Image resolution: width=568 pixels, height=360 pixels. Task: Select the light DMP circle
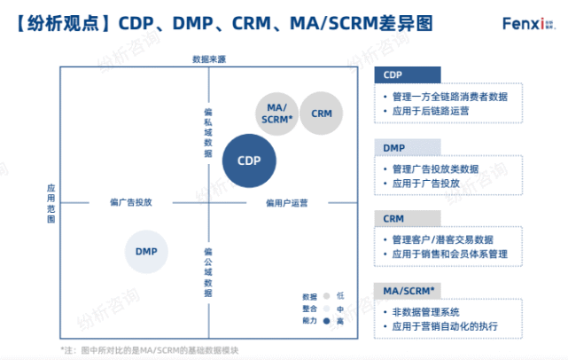146,251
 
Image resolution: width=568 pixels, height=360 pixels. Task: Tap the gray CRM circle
322,113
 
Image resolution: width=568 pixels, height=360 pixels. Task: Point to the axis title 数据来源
209,59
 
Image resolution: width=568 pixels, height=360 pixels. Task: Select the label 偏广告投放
130,202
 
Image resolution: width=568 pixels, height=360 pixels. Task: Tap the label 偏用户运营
286,203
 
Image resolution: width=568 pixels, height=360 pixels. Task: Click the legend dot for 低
327,296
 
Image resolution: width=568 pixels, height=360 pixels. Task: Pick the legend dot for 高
327,321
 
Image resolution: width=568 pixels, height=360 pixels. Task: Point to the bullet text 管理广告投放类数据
434,168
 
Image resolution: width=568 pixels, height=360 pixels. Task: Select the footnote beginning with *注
152,348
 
